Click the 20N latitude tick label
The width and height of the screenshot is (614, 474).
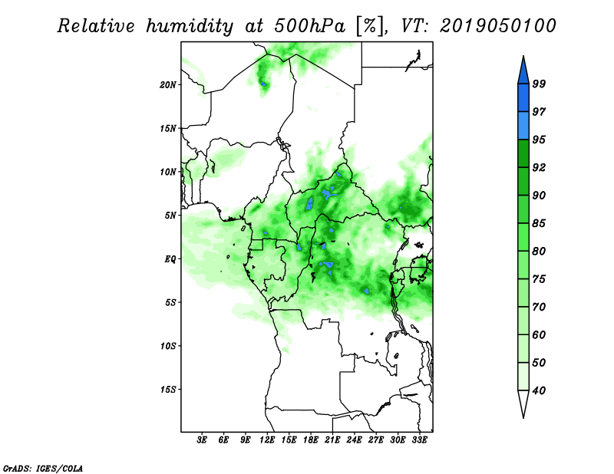[x=168, y=85]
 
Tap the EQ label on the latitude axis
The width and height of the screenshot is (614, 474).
[x=170, y=259]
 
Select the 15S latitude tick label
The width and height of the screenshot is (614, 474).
[x=168, y=390]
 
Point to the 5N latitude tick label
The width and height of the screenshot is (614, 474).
[x=170, y=216]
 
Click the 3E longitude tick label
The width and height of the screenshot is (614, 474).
[x=202, y=440]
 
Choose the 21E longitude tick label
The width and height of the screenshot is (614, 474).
[x=332, y=440]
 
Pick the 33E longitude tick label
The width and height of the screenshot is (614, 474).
[x=419, y=440]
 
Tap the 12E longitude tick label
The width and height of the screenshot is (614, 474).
[x=267, y=440]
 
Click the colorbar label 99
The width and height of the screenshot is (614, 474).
[x=539, y=84]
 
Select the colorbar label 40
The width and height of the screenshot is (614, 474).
[x=539, y=390]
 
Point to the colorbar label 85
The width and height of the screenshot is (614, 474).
[x=539, y=223]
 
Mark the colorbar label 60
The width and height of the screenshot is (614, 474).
[x=539, y=334]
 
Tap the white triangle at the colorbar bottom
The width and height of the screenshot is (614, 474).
[x=523, y=403]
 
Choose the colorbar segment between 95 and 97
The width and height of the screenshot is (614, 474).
[x=523, y=126]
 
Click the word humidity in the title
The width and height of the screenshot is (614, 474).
[x=190, y=27]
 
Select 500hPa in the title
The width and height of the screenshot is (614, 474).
[x=310, y=26]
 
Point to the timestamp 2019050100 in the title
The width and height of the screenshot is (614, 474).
[x=497, y=26]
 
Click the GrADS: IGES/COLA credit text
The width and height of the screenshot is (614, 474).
[x=43, y=469]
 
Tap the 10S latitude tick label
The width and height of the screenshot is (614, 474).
[x=168, y=347]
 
